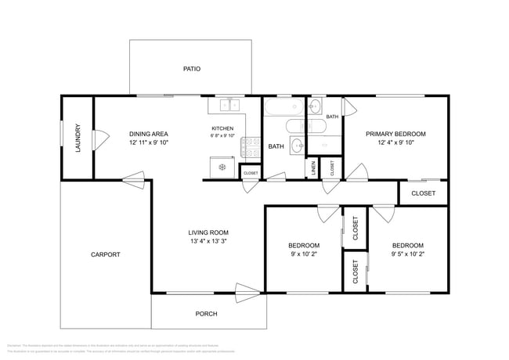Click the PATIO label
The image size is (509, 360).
pyautogui.click(x=192, y=69)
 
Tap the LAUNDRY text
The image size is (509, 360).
pyautogui.click(x=78, y=138)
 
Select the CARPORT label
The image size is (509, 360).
pyautogui.click(x=105, y=254)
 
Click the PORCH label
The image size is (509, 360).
pyautogui.click(x=206, y=314)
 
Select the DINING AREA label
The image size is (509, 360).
pyautogui.click(x=149, y=134)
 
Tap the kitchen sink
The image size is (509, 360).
pyautogui.click(x=229, y=105)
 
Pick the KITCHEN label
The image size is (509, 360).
pyautogui.click(x=222, y=128)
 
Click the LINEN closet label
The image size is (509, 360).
pyautogui.click(x=312, y=167)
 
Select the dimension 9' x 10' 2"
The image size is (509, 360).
pyautogui.click(x=305, y=254)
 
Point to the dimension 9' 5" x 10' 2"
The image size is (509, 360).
pyautogui.click(x=407, y=254)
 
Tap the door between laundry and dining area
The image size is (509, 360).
pyautogui.click(x=99, y=139)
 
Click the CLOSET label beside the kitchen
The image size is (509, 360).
pyautogui.click(x=251, y=173)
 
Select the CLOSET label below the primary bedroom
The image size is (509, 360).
pyautogui.click(x=423, y=193)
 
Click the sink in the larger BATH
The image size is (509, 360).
pyautogui.click(x=298, y=144)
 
